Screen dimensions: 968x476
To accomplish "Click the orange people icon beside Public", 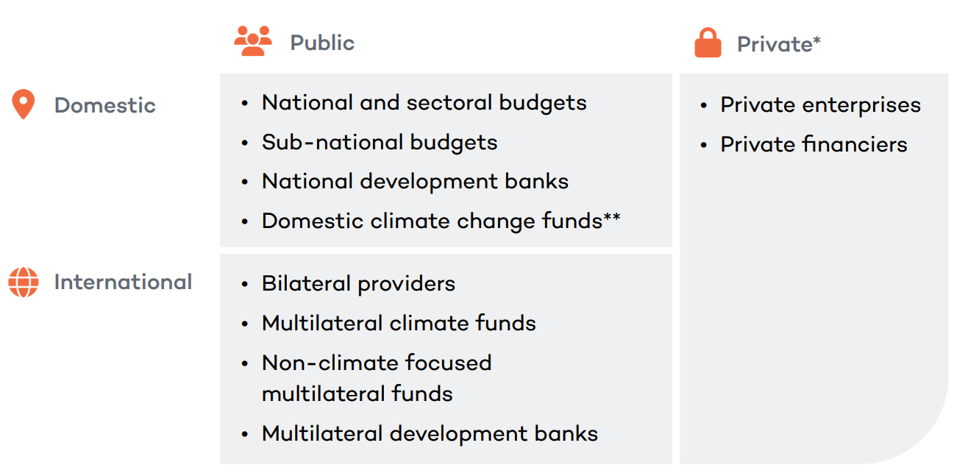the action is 253,41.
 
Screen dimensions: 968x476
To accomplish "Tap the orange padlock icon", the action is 708,43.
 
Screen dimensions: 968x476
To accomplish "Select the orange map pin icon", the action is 24,104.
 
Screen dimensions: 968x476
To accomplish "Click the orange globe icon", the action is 24,283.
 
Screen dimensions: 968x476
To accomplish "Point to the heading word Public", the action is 322,43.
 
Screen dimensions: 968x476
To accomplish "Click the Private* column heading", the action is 779,44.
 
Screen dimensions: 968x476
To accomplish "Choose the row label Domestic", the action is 105,105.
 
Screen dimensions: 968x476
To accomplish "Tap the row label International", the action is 123,282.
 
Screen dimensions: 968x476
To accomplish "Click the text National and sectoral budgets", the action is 424,103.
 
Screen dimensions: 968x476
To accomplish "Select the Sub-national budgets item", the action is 380,142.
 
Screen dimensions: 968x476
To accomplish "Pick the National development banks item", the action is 416,181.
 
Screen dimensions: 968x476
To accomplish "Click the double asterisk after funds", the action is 612,216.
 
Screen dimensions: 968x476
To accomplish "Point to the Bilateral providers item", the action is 359,283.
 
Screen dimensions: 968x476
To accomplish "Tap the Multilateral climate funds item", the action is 399,323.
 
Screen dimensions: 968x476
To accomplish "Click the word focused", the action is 448,362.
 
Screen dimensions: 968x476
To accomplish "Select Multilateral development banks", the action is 430,433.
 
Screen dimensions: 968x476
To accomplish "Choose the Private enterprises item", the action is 821,105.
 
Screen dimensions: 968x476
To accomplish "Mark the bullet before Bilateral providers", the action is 245,284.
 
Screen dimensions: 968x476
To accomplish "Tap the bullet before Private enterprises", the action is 703,105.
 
